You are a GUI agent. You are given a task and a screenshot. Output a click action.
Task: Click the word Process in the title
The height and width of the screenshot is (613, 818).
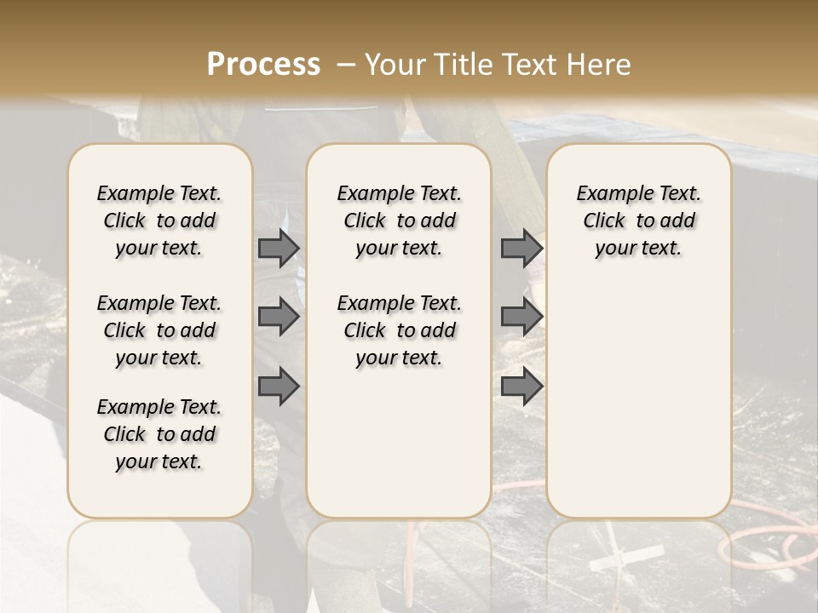coord(263,65)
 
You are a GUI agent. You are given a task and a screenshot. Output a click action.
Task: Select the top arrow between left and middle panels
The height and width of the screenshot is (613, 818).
coord(279,249)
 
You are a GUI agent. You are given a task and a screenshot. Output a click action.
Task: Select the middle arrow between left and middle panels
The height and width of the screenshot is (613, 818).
coord(279,317)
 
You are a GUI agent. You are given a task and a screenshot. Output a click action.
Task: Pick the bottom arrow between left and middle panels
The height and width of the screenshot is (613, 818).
coord(279,387)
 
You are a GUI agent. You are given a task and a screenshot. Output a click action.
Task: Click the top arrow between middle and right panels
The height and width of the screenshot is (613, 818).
coord(521,249)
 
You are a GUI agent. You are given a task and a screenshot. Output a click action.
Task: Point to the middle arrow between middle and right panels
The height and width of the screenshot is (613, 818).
coord(521,317)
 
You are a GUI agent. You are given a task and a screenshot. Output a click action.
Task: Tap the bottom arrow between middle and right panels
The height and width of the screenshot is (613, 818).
coord(521,387)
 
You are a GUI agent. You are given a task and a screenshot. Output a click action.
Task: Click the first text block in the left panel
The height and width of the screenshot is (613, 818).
coord(159,221)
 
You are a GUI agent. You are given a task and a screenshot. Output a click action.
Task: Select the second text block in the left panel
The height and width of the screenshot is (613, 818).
coord(159,330)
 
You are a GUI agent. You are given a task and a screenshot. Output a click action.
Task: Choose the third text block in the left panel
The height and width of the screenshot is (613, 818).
coord(159,434)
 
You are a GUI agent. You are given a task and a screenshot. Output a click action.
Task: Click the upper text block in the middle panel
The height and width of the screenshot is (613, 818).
coord(399,221)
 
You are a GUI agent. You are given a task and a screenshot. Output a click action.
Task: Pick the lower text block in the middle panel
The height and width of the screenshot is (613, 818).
coord(399,330)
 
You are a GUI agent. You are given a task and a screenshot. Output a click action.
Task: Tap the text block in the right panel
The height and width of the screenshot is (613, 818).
coord(638,221)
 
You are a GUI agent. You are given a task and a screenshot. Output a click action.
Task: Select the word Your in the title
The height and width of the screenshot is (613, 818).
coord(395,65)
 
